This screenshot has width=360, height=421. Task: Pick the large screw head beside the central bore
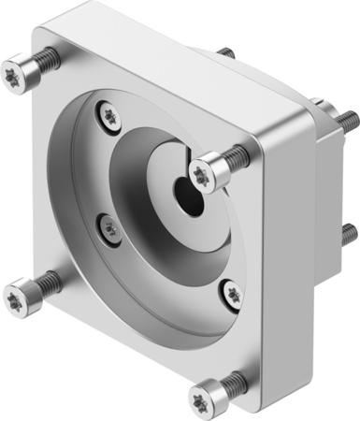tap(202, 171)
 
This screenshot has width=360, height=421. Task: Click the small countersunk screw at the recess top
tap(111, 116)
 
